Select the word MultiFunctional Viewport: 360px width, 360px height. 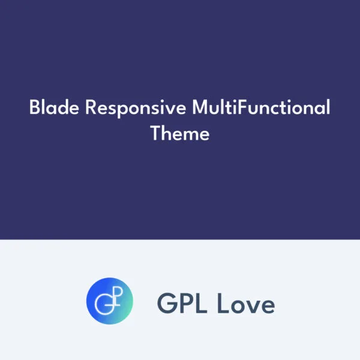pyautogui.click(x=261, y=109)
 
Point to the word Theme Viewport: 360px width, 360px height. pyautogui.click(x=180, y=133)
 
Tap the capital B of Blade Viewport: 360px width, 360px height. pyautogui.click(x=34, y=109)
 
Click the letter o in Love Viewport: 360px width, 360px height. pyautogui.click(x=236, y=306)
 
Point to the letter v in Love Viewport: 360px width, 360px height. pyautogui.click(x=253, y=306)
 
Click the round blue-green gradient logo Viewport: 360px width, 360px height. pyautogui.click(x=109, y=301)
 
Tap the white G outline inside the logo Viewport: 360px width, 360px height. pyautogui.click(x=106, y=302)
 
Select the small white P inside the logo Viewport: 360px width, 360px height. pyautogui.click(x=115, y=295)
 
